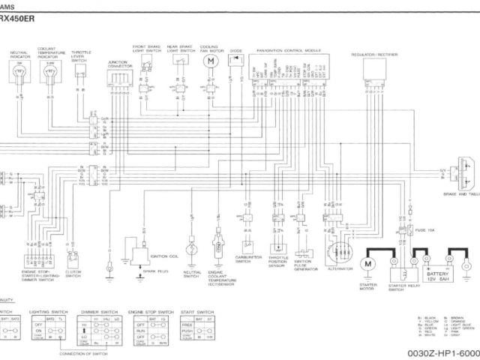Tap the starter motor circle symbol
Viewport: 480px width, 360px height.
point(368,264)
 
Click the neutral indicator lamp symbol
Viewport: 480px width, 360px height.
point(19,71)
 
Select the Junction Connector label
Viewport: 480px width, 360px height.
point(119,64)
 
